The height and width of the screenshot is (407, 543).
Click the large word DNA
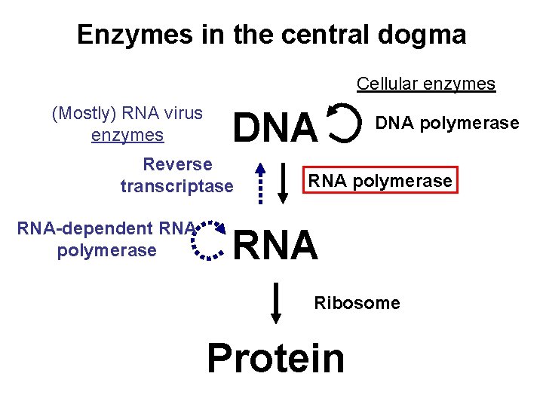pyautogui.click(x=275, y=127)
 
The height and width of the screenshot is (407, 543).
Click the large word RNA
pyautogui.click(x=276, y=246)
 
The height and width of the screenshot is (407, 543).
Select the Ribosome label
pyautogui.click(x=357, y=303)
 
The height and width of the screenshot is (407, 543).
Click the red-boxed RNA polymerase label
pyautogui.click(x=381, y=181)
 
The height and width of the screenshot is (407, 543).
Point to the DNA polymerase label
pyautogui.click(x=447, y=123)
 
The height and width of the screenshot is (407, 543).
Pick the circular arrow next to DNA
pyautogui.click(x=344, y=124)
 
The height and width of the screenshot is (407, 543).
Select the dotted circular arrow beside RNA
pyautogui.click(x=207, y=240)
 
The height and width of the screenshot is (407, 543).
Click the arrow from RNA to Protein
pyautogui.click(x=276, y=302)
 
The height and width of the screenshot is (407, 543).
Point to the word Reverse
pyautogui.click(x=178, y=164)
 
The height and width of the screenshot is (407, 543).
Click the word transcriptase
pyautogui.click(x=177, y=186)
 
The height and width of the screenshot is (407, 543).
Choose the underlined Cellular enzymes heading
pyautogui.click(x=426, y=84)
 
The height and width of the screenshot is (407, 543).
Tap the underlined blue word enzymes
pyautogui.click(x=127, y=136)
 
